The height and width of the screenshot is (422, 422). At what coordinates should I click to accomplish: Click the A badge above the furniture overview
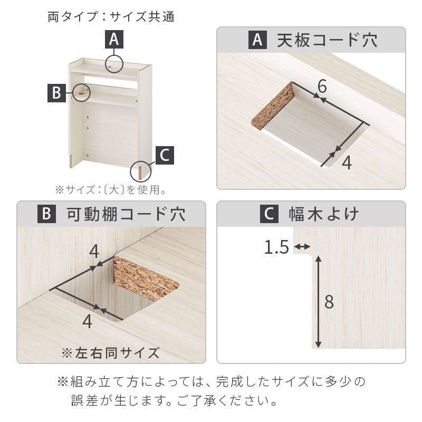114,39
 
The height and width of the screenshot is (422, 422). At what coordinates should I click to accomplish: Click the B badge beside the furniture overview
56,93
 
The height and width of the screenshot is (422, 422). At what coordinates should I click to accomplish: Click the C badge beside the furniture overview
165,155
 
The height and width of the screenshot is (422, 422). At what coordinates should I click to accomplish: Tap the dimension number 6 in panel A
322,86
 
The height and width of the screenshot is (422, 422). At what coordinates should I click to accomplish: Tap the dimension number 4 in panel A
347,162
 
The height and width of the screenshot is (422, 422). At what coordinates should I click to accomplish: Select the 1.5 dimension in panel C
276,247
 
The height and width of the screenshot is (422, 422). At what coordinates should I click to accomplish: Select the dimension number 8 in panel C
329,302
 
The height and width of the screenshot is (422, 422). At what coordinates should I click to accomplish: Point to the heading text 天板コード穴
327,40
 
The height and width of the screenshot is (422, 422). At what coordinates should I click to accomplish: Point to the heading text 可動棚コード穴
126,214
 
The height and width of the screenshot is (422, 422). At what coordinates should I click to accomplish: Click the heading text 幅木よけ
324,214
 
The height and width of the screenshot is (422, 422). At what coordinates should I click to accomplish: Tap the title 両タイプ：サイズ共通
111,17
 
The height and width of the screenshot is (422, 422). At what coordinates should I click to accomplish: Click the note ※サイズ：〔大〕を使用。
111,190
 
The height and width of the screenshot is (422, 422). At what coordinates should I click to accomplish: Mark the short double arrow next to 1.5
302,246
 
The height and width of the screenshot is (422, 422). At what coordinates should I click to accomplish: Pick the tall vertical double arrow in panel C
318,302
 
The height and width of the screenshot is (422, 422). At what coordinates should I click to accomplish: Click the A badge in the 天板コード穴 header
257,40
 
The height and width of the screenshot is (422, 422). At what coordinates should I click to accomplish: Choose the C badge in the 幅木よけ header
269,214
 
